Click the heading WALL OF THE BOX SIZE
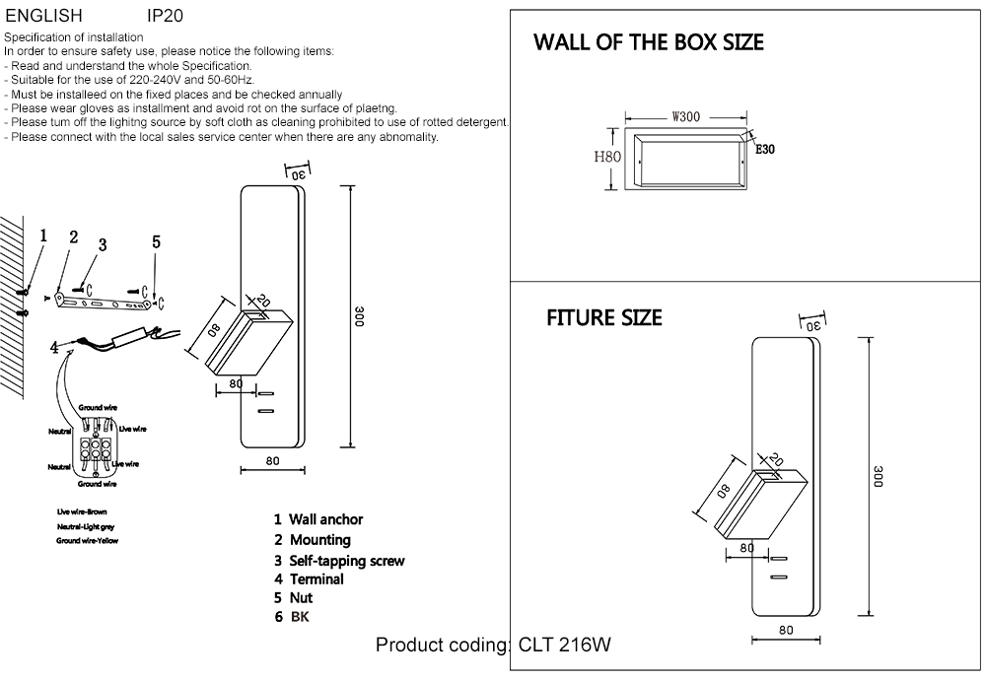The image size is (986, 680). pos(648,43)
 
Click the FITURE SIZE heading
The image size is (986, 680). pos(603,318)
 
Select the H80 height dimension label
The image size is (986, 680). pos(606,157)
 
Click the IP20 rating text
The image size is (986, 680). pos(164,17)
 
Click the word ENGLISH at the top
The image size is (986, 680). pos(43,17)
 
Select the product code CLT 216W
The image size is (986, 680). pos(564,646)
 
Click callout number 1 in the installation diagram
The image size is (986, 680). pos(42,236)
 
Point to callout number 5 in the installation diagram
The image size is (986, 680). pos(156,242)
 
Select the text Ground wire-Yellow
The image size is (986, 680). pos(87,541)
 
